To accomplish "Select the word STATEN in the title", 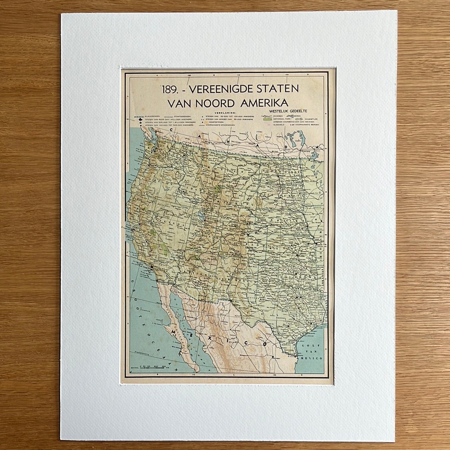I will click(x=278, y=89).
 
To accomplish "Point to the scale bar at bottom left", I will click(x=152, y=367).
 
